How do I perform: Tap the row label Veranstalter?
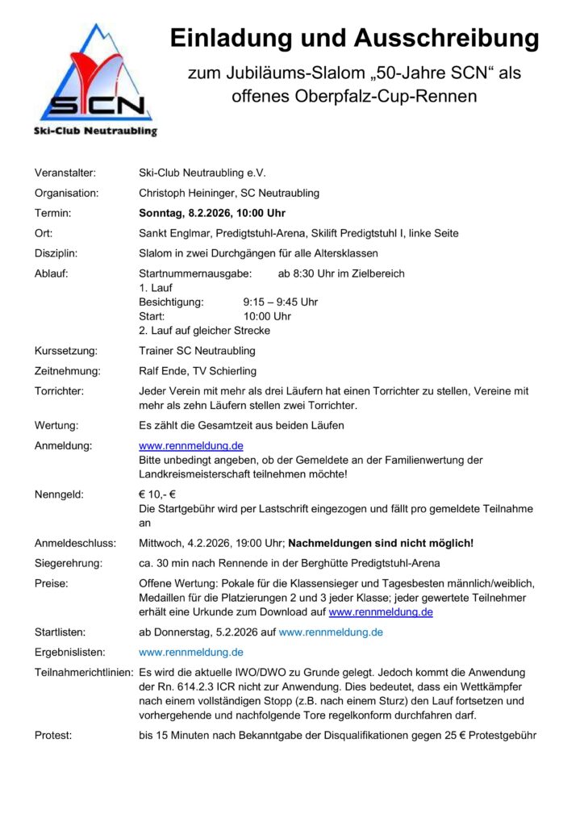point(65,173)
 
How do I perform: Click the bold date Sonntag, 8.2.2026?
point(187,213)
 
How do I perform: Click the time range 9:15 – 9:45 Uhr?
point(281,302)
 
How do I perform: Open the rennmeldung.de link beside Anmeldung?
point(191,445)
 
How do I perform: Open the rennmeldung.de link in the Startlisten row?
point(331,632)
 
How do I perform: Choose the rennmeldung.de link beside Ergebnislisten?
point(191,652)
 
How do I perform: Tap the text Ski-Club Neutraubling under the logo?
point(95,131)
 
